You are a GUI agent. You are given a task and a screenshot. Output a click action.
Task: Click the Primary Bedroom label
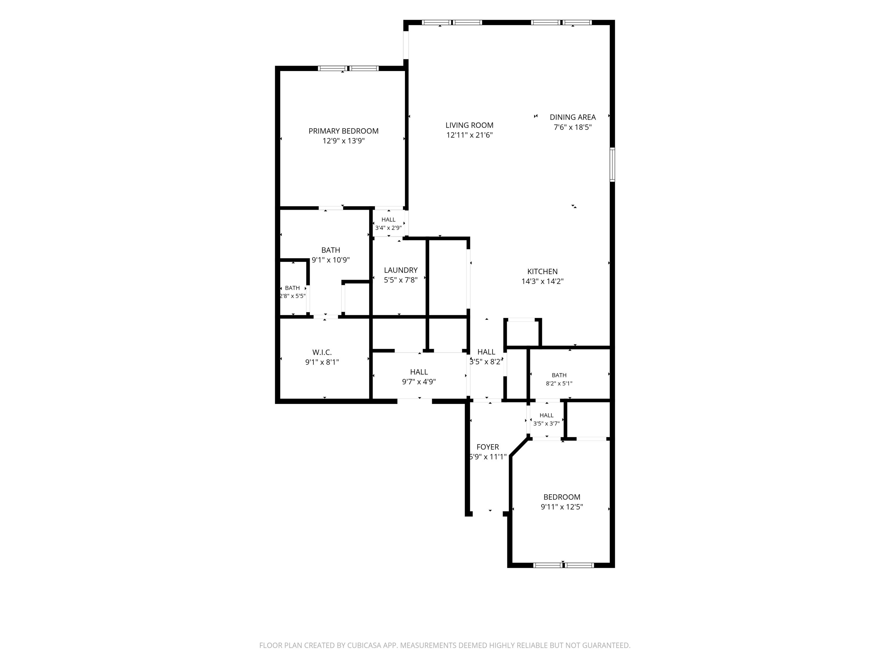tap(343, 131)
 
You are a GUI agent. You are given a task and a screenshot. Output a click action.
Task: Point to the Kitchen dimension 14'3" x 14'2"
tap(542, 282)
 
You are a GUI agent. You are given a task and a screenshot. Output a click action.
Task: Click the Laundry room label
tap(400, 270)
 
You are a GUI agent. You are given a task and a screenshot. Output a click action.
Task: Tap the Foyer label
tap(488, 447)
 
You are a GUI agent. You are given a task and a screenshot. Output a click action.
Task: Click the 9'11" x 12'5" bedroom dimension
tap(562, 507)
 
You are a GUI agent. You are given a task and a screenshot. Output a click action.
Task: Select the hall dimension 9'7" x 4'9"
tap(419, 382)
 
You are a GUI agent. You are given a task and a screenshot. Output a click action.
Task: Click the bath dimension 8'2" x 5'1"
tap(559, 384)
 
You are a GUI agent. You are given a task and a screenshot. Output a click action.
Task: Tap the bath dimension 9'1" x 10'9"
tap(331, 260)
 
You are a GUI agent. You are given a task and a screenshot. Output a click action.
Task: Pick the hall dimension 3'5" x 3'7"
tap(546, 424)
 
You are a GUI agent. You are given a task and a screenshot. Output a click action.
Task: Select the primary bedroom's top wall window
tap(349, 68)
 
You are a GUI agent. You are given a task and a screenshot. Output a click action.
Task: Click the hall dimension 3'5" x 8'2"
tap(486, 362)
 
